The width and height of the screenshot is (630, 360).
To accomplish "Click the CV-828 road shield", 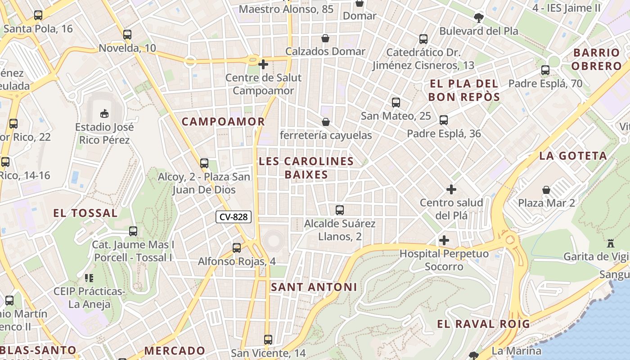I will [233, 217].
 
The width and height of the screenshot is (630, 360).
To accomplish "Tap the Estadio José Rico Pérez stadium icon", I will [104, 112].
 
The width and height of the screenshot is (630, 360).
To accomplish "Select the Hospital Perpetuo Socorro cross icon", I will [444, 240].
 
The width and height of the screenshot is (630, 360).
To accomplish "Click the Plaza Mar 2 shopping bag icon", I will [546, 189].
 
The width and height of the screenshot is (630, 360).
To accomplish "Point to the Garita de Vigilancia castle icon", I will [611, 243].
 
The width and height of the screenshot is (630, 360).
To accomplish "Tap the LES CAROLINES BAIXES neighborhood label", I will [306, 168].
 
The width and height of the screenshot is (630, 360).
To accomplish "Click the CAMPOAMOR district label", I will [223, 121].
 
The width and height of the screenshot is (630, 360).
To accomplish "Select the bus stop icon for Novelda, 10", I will [127, 35].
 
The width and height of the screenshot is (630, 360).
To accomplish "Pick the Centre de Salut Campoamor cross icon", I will [263, 64].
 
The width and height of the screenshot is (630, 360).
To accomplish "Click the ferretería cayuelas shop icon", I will [326, 122].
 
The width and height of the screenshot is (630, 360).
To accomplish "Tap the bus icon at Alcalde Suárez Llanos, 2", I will [340, 210].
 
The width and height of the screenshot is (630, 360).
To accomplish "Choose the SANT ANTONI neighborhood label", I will [314, 287].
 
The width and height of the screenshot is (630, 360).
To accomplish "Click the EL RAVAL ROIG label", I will [483, 324].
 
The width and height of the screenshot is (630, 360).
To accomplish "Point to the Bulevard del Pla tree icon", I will [478, 18].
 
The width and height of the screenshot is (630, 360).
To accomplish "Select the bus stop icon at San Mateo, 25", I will [396, 103].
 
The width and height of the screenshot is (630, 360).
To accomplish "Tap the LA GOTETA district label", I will [573, 156].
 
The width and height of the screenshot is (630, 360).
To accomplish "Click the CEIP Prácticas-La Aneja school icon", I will [89, 278].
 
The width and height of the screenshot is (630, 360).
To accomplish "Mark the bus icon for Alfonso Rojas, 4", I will [237, 247].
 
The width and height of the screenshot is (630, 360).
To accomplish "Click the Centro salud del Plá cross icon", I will [451, 189].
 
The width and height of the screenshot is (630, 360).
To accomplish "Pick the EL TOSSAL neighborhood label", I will [85, 213].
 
